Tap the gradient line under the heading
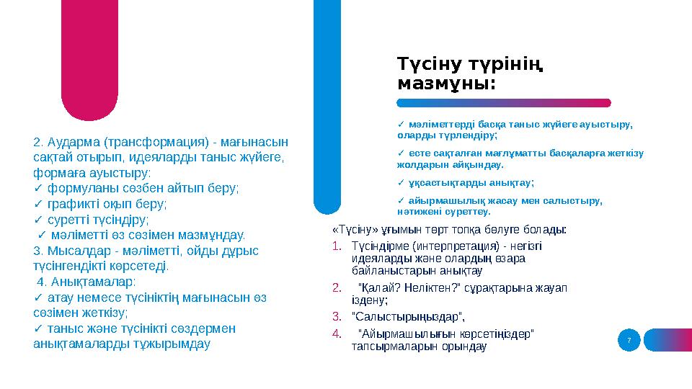tap(505, 103)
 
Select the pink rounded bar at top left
tap(90, 58)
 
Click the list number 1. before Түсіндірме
tap(337, 246)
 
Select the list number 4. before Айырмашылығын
tap(337, 334)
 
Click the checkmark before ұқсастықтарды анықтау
tap(401, 182)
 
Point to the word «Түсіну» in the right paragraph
tap(349, 230)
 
